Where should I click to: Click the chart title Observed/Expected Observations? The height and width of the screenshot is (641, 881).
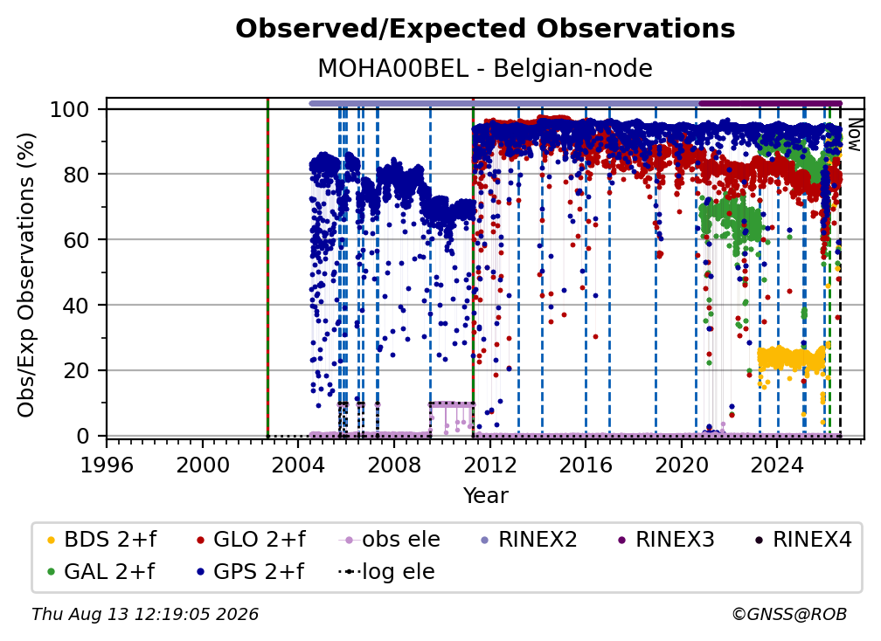pyautogui.click(x=485, y=29)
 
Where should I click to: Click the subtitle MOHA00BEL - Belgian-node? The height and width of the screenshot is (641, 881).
pyautogui.click(x=485, y=68)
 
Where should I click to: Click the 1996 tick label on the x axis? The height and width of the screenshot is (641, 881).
pyautogui.click(x=107, y=465)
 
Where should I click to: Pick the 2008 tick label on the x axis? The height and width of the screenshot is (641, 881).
pyautogui.click(x=394, y=465)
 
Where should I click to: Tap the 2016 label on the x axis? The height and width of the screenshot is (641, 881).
pyautogui.click(x=586, y=465)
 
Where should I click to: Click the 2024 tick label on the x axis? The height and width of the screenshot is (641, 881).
pyautogui.click(x=777, y=465)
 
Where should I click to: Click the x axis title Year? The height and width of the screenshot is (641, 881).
pyautogui.click(x=485, y=496)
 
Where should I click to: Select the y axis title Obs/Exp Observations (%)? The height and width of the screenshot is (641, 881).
pyautogui.click(x=26, y=275)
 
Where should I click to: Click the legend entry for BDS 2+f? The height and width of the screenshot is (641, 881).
pyautogui.click(x=102, y=540)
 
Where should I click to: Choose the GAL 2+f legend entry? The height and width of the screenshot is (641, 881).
pyautogui.click(x=101, y=572)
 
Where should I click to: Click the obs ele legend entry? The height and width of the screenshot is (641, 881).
pyautogui.click(x=390, y=540)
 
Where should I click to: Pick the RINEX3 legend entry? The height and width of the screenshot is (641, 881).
pyautogui.click(x=666, y=540)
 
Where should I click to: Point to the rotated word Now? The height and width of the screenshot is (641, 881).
pyautogui.click(x=854, y=134)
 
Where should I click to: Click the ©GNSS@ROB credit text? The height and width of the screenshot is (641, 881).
pyautogui.click(x=789, y=614)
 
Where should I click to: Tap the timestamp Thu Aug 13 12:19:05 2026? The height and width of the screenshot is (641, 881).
pyautogui.click(x=145, y=614)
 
